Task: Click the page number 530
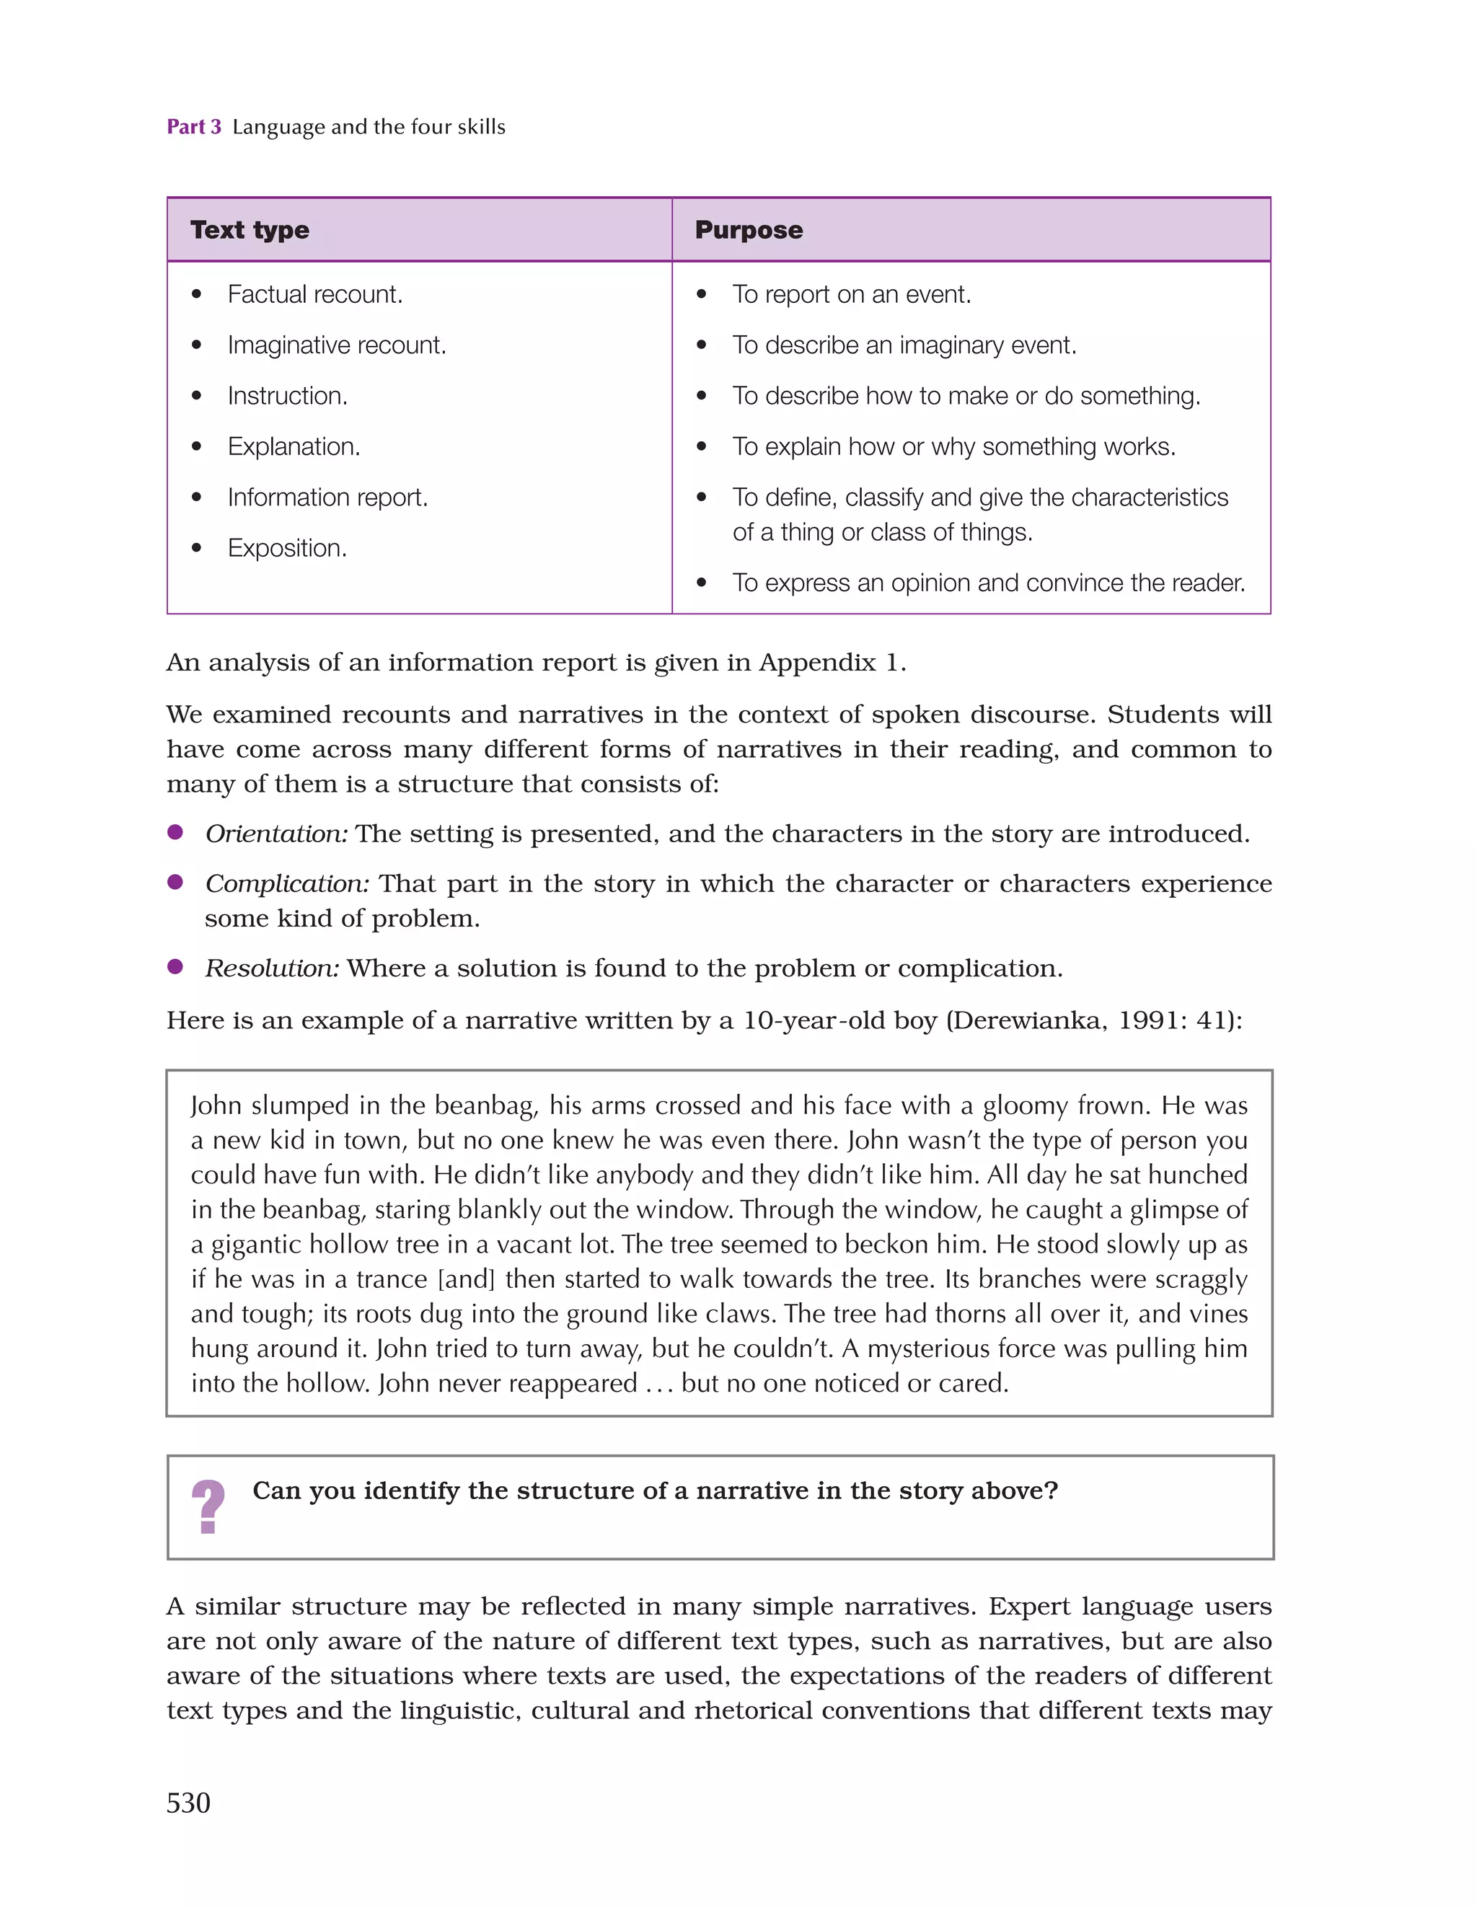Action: [188, 1802]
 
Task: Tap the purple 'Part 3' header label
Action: [194, 127]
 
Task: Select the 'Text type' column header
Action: [250, 230]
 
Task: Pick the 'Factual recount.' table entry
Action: [314, 294]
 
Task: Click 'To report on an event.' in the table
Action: [851, 294]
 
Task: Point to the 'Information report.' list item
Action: [327, 497]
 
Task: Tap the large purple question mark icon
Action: [208, 1506]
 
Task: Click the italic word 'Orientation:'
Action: [276, 834]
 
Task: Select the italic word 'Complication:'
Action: [286, 883]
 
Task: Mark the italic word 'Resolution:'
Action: [272, 968]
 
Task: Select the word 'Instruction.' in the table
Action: [288, 396]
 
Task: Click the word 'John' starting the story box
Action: [216, 1106]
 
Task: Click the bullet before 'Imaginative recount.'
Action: [197, 345]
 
